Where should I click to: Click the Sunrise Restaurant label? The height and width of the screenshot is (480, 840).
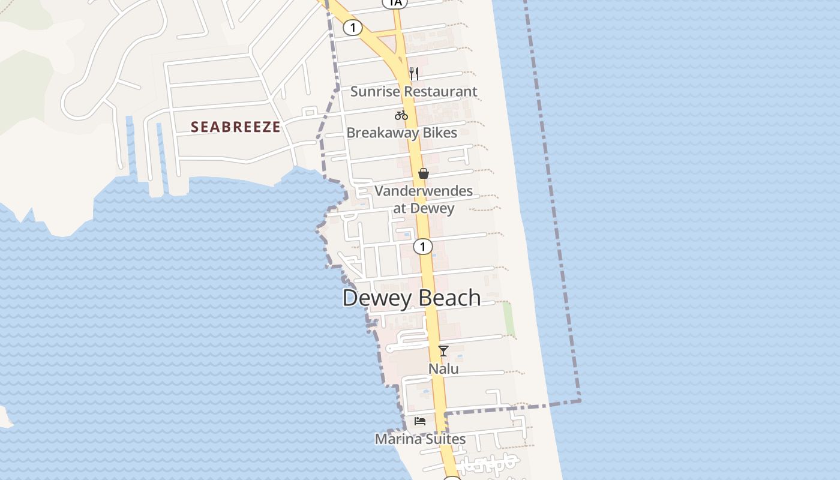point(413,92)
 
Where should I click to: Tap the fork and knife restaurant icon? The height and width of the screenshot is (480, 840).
point(413,74)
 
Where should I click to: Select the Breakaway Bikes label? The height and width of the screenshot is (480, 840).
point(401,133)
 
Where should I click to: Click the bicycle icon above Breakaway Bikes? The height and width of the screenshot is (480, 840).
point(401,115)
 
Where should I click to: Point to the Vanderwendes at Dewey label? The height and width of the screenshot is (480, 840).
point(424,200)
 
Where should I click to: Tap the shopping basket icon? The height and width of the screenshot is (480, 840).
point(424,173)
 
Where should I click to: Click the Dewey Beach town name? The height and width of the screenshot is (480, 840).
point(412,298)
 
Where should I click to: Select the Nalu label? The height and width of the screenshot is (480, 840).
point(443,368)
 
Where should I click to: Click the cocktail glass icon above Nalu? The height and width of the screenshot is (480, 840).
point(443,351)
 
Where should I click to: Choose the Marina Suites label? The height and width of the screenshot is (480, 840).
point(420,439)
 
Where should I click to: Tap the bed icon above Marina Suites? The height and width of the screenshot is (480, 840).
point(420,421)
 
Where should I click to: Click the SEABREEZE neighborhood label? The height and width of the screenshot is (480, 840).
point(236,127)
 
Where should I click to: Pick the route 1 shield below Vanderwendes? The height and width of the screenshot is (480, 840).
point(423,247)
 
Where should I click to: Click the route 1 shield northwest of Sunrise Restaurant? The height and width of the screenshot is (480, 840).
point(353,28)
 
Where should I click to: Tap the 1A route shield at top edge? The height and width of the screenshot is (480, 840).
point(395,3)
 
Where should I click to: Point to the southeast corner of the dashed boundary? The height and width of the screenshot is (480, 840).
point(580,401)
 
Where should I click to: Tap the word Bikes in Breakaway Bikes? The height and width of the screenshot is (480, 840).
point(439,133)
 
